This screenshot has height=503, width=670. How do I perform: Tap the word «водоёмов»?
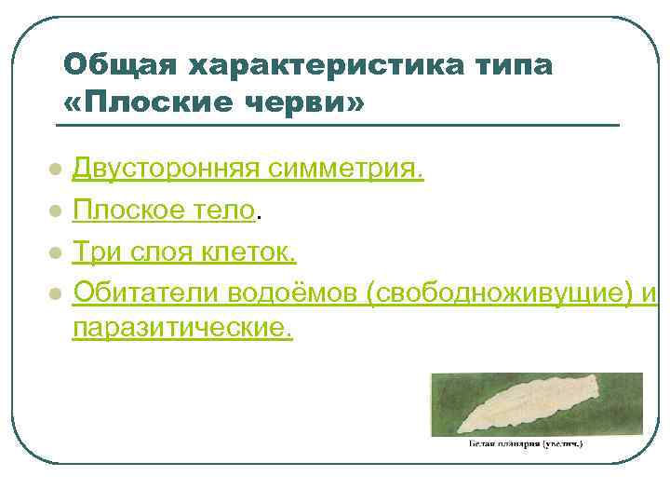287,292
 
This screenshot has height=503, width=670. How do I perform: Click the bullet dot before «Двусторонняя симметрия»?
56,171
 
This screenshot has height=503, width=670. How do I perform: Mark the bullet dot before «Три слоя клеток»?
56,253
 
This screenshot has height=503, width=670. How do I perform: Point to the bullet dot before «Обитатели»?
56,294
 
